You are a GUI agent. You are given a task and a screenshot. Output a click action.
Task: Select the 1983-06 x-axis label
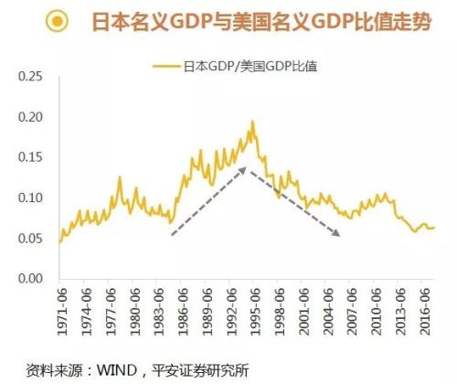157,311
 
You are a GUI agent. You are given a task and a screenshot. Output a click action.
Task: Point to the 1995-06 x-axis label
253,311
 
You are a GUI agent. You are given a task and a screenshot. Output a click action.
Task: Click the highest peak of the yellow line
252,122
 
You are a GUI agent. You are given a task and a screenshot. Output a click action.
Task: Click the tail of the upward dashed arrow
171,234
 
